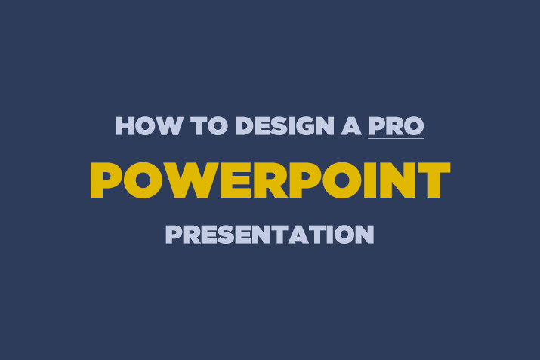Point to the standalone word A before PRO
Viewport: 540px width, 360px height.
pyautogui.click(x=349, y=125)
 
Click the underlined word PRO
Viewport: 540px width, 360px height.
pyautogui.click(x=396, y=125)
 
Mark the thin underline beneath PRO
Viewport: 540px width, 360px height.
pyautogui.click(x=396, y=138)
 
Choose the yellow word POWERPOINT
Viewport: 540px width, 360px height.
pyautogui.click(x=270, y=180)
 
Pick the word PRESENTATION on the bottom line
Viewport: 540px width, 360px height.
pyautogui.click(x=270, y=234)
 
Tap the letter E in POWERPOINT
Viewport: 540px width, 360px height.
pyautogui.click(x=224, y=180)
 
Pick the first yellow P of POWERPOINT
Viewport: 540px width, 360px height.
pyautogui.click(x=106, y=180)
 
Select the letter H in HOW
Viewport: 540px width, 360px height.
pyautogui.click(x=125, y=125)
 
